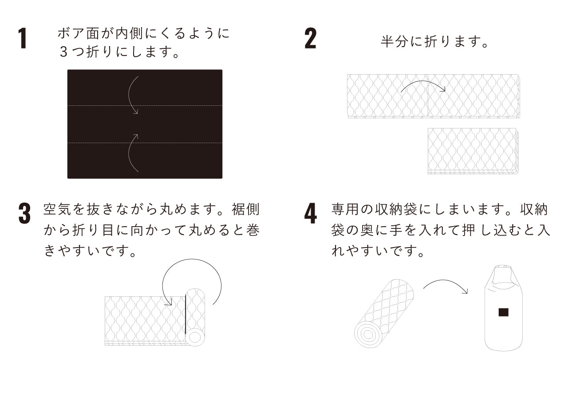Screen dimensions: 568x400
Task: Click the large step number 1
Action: pos(23,38)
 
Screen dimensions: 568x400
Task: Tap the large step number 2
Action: pos(310,38)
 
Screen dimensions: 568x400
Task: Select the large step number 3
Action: pos(24,213)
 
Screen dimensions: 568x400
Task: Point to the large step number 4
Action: pos(310,213)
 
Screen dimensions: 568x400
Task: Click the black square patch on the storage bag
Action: pos(503,312)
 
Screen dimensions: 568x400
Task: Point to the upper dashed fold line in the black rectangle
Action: pos(145,105)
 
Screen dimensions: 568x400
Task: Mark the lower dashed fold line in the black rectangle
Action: pos(145,143)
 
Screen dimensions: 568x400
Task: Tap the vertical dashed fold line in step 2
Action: pos(428,95)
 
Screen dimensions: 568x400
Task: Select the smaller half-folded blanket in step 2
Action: pos(473,151)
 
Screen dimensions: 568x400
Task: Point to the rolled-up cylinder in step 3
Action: pos(195,317)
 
